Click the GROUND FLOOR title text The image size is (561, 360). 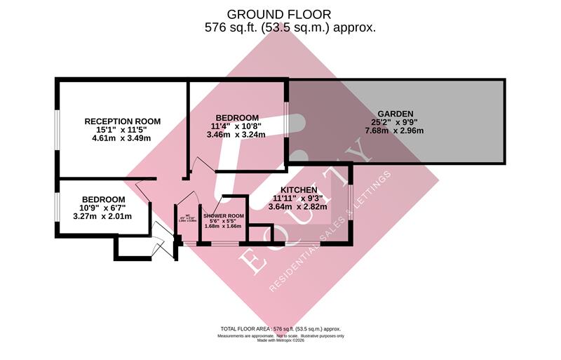click(279, 14)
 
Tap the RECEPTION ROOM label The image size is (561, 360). click(122, 121)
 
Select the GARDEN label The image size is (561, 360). click(396, 113)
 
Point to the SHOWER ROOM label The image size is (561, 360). click(224, 215)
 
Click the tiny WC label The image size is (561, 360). click(188, 216)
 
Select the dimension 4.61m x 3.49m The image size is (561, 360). click(122, 139)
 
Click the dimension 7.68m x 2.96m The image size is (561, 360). click(396, 131)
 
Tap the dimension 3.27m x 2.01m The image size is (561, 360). click(103, 216)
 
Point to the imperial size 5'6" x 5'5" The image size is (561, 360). click(224, 221)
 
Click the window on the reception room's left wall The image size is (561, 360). click(58, 130)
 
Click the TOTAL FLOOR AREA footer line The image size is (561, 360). click(280, 328)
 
